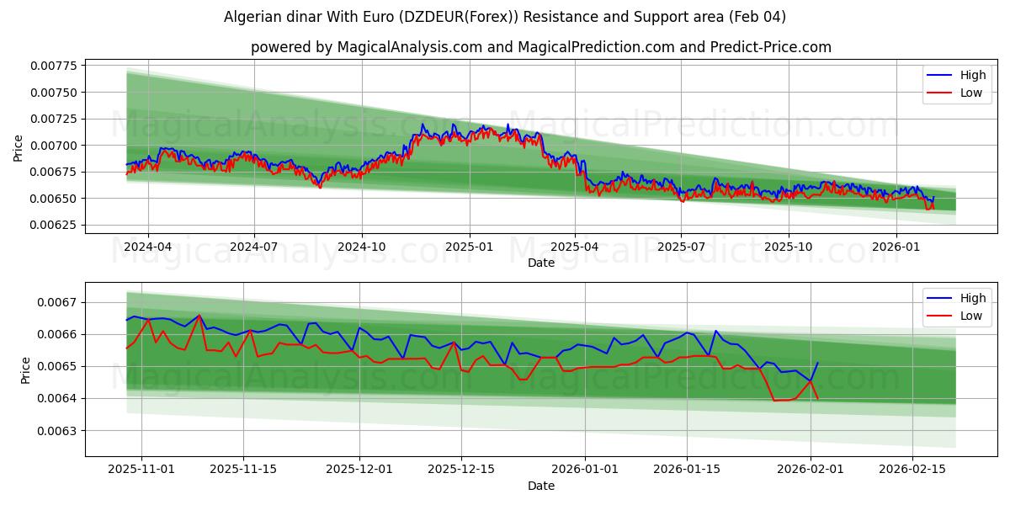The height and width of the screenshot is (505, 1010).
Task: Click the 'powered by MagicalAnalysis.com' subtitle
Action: coord(540,47)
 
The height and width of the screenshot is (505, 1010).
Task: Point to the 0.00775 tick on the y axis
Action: coord(53,66)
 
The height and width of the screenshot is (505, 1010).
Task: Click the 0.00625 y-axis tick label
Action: coord(53,225)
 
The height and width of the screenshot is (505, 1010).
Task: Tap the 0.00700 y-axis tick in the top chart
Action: coord(53,146)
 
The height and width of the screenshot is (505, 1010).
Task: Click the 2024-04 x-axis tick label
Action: coord(148,247)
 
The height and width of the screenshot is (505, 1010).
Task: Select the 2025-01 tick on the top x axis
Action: coord(469,247)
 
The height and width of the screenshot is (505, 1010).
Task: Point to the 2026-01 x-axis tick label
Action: coord(896,247)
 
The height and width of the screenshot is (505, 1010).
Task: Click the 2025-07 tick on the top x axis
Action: coord(680,247)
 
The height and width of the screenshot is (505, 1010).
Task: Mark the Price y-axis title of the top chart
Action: coord(19,148)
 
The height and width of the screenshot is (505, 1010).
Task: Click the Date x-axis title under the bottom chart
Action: coord(540,486)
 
